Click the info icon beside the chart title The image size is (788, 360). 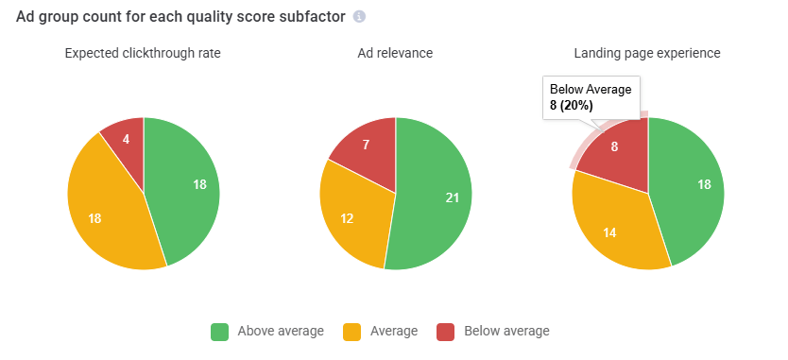(359, 17)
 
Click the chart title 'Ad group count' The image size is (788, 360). (180, 17)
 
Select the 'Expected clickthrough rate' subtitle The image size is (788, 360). (144, 53)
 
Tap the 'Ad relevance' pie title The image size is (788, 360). (396, 53)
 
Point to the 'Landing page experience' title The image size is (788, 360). (647, 53)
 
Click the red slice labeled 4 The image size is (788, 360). (126, 139)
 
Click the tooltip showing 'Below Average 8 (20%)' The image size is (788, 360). (592, 97)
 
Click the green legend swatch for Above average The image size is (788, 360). (219, 332)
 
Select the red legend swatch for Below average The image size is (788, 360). (445, 332)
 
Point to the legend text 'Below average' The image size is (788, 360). (505, 332)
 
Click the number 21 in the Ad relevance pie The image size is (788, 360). (451, 197)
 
